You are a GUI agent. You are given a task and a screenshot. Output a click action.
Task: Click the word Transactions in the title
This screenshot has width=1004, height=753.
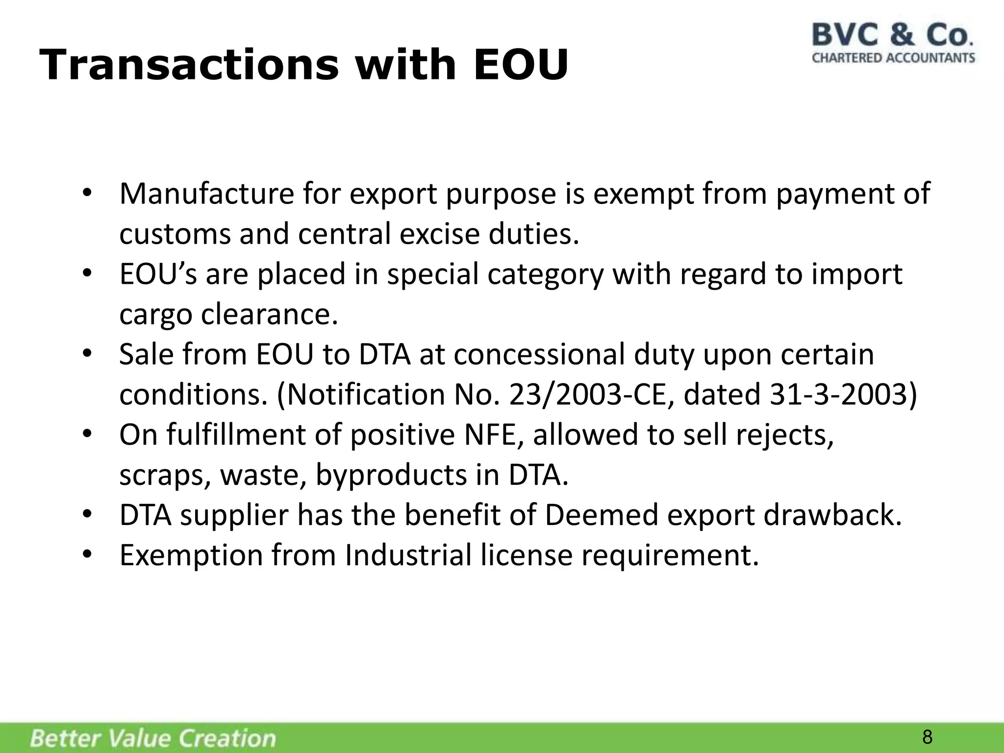[x=189, y=65]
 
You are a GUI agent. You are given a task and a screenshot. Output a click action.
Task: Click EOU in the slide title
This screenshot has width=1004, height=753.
[x=520, y=65]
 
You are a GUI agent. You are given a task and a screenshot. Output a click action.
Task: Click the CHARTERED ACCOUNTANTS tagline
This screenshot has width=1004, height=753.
[x=893, y=58]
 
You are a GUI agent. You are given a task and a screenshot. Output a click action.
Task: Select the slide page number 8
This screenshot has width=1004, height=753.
[x=927, y=737]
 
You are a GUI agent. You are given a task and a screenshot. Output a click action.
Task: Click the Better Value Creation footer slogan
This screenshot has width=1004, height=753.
[x=153, y=738]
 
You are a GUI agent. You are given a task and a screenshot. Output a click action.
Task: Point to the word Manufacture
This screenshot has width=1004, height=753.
[x=206, y=194]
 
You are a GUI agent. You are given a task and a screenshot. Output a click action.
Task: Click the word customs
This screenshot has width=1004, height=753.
[x=175, y=234]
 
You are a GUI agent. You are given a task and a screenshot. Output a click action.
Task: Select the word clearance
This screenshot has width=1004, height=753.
[x=270, y=314]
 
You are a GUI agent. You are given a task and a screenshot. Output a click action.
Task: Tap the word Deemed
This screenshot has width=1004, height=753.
[x=601, y=515]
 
